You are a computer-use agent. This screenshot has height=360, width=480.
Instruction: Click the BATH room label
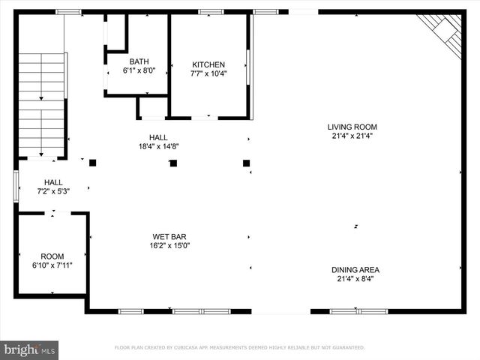coord(139,62)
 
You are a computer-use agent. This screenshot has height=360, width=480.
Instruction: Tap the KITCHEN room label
coord(208,65)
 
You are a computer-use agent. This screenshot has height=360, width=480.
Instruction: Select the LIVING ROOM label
coord(352,127)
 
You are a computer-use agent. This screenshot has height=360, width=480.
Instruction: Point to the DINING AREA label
coord(355,270)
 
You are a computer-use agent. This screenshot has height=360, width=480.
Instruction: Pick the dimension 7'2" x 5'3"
coord(53,191)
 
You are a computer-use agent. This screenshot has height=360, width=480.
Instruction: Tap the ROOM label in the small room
coord(52,256)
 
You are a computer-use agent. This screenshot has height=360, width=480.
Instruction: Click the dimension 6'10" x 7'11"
coord(52,265)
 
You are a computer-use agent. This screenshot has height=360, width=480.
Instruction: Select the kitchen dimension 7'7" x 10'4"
coord(208,74)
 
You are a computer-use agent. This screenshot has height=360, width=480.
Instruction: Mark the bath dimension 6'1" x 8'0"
coord(139,71)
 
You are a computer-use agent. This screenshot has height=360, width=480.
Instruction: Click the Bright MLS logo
coord(29,349)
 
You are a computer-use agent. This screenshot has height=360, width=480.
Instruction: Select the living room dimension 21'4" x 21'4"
coord(352,136)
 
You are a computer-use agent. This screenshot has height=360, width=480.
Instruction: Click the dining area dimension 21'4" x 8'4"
coord(355,279)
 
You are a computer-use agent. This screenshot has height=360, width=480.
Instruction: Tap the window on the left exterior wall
coord(16,186)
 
